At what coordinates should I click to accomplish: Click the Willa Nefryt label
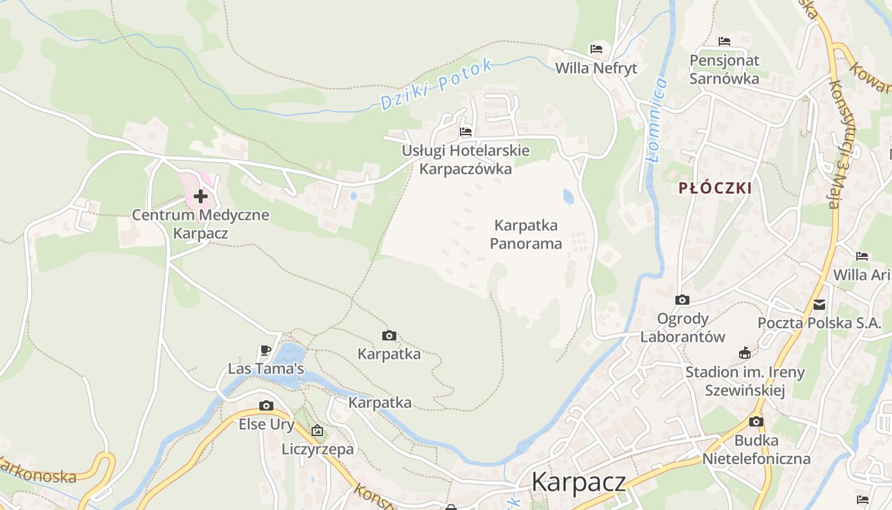click(596, 68)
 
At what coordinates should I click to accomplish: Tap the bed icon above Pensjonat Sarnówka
click(724, 41)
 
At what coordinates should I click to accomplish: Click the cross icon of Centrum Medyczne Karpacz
click(201, 196)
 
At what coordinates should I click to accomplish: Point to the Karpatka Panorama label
click(526, 235)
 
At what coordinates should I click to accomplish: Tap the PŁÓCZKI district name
click(715, 188)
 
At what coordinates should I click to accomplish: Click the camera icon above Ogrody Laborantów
click(682, 300)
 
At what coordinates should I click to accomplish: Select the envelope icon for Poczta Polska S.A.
click(819, 305)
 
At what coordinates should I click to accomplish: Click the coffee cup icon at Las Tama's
click(266, 350)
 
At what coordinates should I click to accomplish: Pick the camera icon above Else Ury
click(266, 405)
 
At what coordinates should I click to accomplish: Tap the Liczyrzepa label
click(317, 449)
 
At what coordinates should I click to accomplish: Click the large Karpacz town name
click(579, 482)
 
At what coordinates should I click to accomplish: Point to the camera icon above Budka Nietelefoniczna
click(756, 421)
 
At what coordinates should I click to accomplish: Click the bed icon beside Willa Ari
click(862, 256)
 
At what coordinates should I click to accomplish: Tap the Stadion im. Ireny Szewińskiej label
click(745, 381)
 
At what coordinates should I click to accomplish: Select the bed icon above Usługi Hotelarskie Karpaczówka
click(466, 132)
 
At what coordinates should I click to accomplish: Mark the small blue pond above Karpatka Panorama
click(568, 196)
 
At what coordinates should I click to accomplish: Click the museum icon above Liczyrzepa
click(317, 431)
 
